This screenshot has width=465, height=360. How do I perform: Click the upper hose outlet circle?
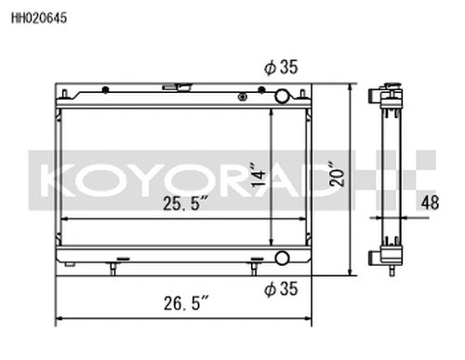pyautogui.click(x=282, y=95)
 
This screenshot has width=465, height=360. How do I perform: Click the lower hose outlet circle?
pyautogui.click(x=282, y=258)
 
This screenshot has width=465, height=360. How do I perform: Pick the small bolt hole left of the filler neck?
pyautogui.click(x=107, y=91)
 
